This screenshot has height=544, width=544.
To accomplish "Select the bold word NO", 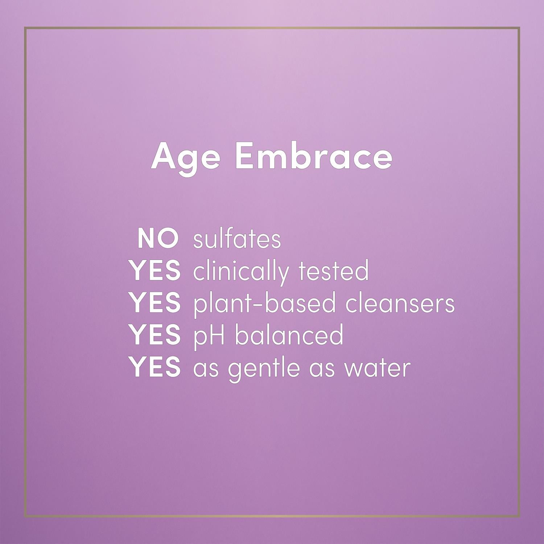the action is [158, 239].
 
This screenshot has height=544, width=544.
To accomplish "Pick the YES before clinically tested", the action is [156, 271].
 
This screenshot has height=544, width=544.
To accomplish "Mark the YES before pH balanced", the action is [156, 335].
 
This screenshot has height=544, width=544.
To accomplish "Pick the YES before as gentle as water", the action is [156, 367].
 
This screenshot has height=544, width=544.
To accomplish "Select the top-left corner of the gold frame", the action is [25, 28].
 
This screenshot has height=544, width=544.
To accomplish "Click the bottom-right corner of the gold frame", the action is [520, 517].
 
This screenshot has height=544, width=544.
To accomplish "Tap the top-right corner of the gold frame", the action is [520, 28].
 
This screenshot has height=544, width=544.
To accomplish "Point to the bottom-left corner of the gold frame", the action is [25, 517].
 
